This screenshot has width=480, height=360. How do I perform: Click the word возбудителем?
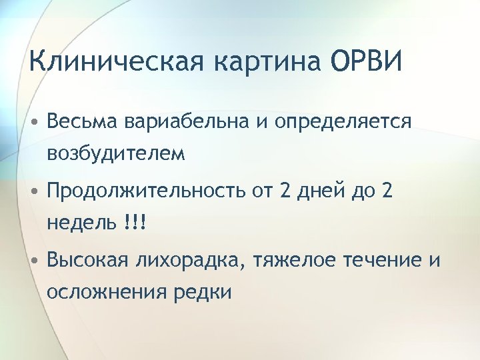116,154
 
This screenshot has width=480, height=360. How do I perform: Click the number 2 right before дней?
287,192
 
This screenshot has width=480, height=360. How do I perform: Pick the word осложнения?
107,292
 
